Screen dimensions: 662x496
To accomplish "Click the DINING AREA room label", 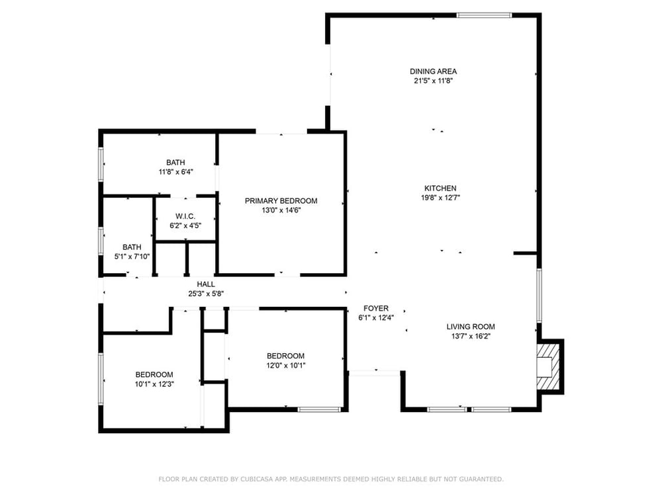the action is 433,71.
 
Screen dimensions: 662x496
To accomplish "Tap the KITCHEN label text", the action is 440,188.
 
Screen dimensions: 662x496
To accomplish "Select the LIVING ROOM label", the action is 471,327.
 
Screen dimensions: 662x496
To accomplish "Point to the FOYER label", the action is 376,308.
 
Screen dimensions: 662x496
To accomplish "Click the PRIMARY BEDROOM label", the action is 281,201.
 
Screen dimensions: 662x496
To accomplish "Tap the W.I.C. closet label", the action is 185,216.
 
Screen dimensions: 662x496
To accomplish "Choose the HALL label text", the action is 206,284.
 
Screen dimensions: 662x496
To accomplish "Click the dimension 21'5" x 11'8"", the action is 433,81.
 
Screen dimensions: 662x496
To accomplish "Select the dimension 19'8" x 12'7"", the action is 440,198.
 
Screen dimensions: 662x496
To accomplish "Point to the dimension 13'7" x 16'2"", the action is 471,336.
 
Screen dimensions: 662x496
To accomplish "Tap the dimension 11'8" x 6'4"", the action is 175,172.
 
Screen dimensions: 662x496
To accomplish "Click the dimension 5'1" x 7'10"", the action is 132,257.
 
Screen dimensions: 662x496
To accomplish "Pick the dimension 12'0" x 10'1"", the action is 285,366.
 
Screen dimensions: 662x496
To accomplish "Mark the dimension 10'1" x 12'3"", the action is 154,384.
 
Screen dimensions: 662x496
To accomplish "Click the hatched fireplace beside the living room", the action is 548,366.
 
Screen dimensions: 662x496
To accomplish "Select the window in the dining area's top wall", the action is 484,16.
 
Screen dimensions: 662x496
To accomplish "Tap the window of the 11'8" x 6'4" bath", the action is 101,164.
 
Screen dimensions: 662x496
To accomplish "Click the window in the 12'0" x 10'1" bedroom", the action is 319,409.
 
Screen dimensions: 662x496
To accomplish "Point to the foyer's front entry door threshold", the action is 375,373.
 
